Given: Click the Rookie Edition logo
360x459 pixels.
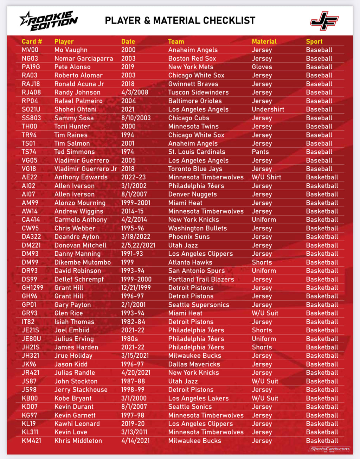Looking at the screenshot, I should click(x=49, y=21).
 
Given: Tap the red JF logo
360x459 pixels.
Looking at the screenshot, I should click(x=324, y=21).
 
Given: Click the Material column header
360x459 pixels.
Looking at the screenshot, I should click(x=264, y=42).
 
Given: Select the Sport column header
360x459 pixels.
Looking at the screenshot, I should click(x=314, y=42).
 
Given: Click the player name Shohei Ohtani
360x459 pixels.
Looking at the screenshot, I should click(x=75, y=109).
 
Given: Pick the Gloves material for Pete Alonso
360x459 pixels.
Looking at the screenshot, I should click(x=262, y=67).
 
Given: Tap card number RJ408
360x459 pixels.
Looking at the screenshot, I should click(x=31, y=93).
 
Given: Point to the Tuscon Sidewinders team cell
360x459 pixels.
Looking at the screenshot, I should click(x=198, y=93).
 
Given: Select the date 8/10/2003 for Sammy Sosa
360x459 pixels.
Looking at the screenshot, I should click(x=136, y=118).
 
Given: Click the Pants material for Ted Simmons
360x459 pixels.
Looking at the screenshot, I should click(x=260, y=152).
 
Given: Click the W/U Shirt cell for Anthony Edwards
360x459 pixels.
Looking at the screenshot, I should click(x=266, y=177).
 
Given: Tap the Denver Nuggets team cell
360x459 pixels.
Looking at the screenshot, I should click(x=192, y=194).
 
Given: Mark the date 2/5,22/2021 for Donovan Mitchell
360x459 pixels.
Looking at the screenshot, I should click(x=138, y=245).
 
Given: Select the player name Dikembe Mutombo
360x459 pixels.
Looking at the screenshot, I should click(x=82, y=262).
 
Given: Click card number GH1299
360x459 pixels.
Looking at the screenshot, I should click(x=32, y=288).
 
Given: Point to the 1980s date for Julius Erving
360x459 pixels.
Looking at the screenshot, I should click(x=129, y=339).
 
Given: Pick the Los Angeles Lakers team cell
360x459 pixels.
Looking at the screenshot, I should click(x=198, y=398).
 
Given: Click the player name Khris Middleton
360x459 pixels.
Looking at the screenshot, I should click(x=78, y=441).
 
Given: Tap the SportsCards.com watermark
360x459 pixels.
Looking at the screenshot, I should click(x=329, y=449).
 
